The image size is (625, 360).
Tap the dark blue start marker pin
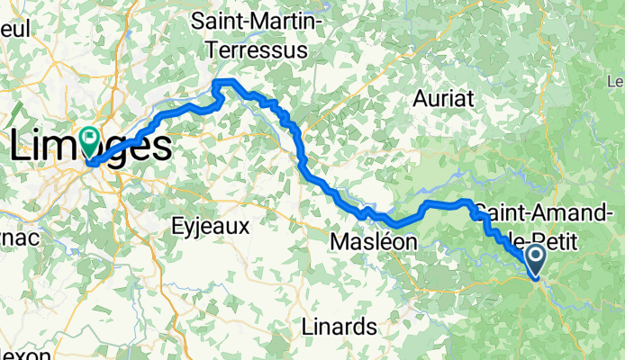pos(535,259)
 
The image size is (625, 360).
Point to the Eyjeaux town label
pos(210,228)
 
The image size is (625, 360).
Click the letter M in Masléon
pos(339,242)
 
